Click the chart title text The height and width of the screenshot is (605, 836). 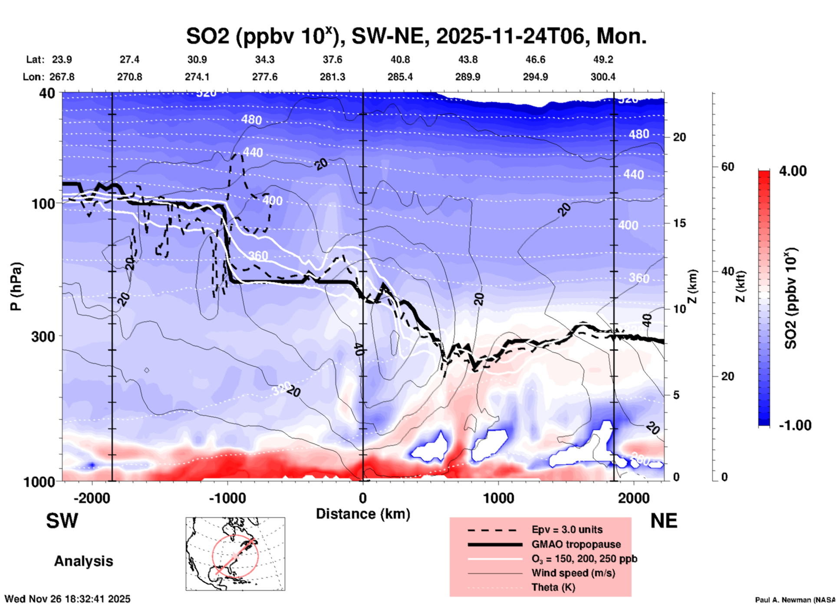coord(416,36)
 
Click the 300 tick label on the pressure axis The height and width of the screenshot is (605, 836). coord(43,336)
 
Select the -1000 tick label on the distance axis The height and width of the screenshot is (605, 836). coord(227,498)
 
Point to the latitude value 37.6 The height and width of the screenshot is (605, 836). coord(332,59)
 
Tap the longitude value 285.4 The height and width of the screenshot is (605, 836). coord(400,77)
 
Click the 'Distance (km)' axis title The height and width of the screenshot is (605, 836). coord(363,514)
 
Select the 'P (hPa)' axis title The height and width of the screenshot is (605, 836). coord(16,286)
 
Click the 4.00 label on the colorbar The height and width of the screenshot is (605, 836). coord(793,171)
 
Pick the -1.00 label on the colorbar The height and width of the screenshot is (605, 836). coord(795,425)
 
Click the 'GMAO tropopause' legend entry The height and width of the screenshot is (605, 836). coord(576,544)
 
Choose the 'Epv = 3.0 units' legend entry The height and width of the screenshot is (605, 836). coord(567,530)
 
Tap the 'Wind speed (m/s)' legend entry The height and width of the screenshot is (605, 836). coord(573,573)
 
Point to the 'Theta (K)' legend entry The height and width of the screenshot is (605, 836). coord(553,587)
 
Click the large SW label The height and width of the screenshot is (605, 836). coord(62,521)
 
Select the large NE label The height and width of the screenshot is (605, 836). coord(664,521)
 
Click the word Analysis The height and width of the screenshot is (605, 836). coord(83,561)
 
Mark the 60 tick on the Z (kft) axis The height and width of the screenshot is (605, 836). coord(727,167)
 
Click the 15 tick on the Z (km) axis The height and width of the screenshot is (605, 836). coord(679,223)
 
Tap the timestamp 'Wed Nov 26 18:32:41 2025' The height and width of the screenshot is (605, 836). coord(68,599)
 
